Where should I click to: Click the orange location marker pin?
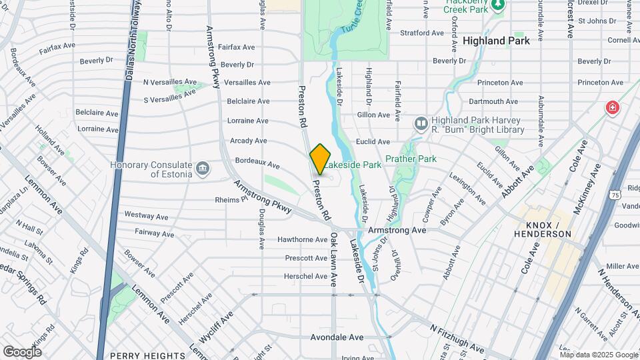point(320,159)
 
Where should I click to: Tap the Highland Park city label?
point(496,41)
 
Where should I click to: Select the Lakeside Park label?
point(353,164)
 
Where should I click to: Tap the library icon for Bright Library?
point(421,123)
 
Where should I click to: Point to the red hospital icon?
point(611,108)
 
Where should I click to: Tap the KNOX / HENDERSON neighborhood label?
point(543,229)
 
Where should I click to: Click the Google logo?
point(22,351)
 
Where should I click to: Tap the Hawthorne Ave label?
point(284,239)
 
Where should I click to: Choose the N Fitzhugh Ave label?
point(457,339)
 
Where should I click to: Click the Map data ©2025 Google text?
point(599,355)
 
